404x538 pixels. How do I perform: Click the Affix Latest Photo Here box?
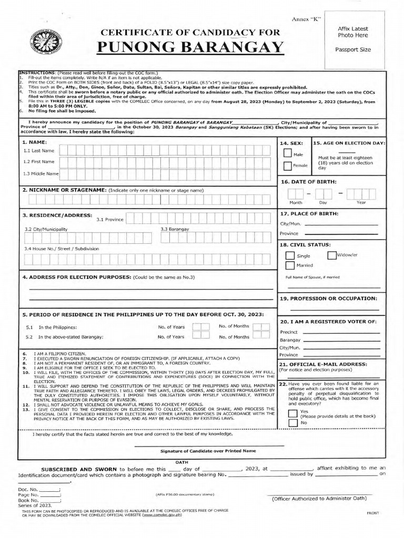[353, 39]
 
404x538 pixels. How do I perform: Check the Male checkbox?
[287, 153]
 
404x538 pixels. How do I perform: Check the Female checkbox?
[287, 166]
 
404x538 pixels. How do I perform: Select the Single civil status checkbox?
[290, 256]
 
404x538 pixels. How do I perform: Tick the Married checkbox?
[290, 265]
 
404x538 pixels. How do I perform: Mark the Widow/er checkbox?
[331, 255]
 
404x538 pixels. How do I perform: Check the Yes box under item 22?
[292, 413]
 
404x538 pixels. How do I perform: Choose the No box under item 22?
[292, 422]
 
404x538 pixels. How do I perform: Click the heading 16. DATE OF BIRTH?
[308, 181]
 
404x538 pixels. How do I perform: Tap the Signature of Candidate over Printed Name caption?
[208, 451]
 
